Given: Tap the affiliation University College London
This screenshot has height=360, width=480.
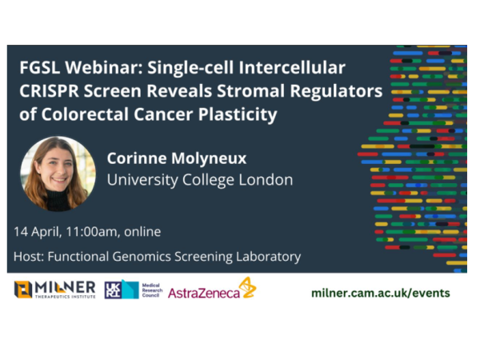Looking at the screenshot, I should point(199,180).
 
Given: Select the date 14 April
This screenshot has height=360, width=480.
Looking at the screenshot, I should point(40,232).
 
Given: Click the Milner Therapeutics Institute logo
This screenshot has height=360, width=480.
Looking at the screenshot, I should point(54,290).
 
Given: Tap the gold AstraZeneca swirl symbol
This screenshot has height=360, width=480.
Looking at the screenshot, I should point(248,288).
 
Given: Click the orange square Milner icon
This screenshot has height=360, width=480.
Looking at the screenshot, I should point(23,290).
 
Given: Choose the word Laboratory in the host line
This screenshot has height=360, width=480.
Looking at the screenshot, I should point(268,257).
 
